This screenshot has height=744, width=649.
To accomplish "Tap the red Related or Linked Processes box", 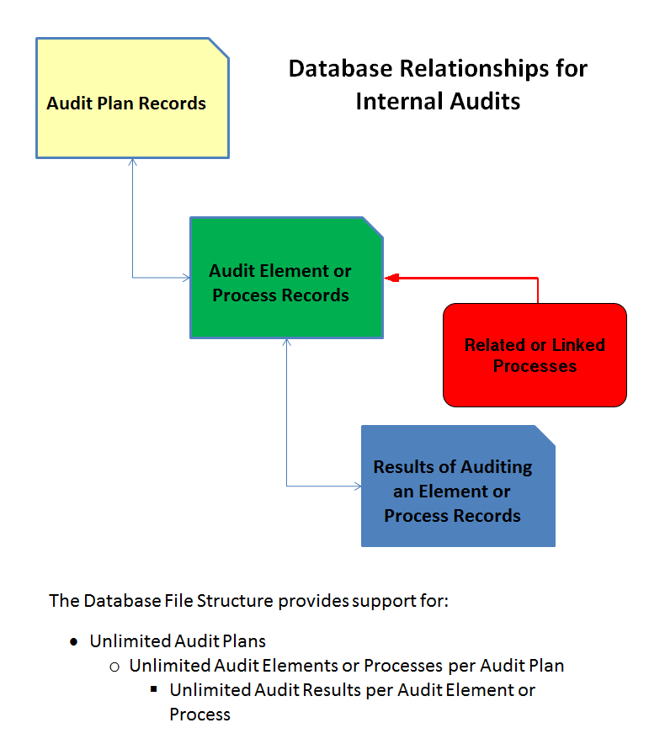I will [535, 355].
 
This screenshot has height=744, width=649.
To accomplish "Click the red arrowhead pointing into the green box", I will [391, 278].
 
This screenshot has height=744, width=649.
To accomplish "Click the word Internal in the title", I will [396, 102].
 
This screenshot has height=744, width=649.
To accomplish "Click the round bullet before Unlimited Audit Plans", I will [74, 642].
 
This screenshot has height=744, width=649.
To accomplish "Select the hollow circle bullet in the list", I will [114, 667].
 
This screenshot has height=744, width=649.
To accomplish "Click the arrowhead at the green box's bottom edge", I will [287, 343].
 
